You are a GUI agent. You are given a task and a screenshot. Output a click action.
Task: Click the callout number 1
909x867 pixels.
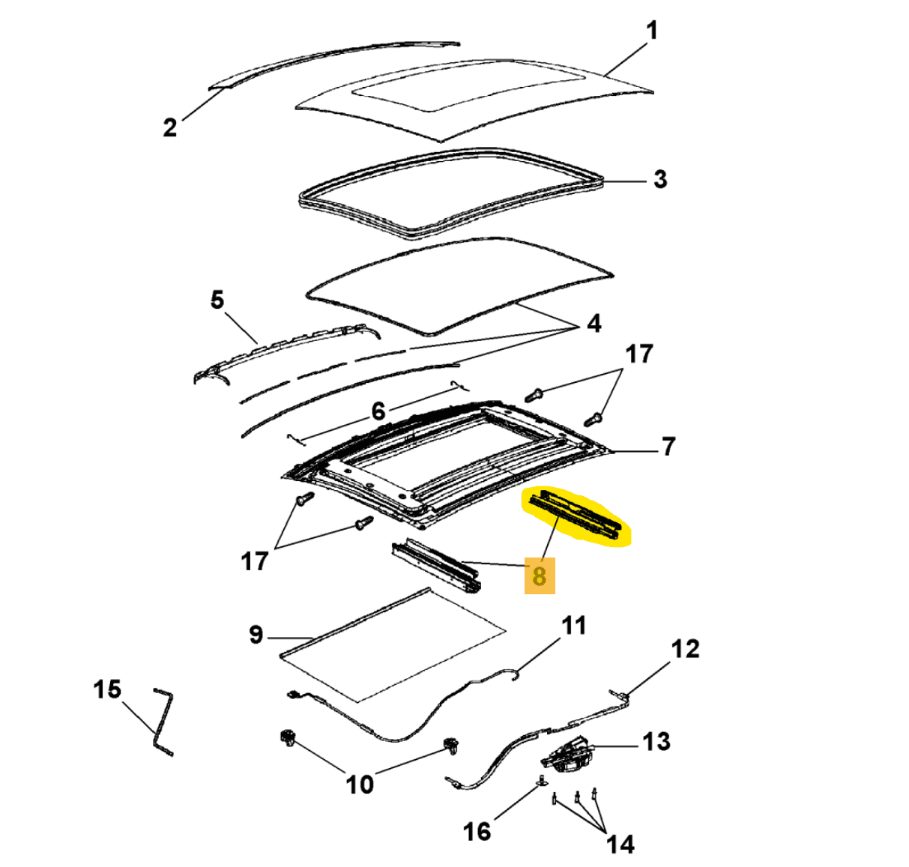click(651, 31)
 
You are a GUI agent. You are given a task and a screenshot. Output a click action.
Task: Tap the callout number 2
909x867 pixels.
click(170, 127)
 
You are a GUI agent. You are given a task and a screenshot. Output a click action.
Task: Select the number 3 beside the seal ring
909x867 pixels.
click(659, 180)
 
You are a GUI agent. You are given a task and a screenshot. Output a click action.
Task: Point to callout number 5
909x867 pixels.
click(217, 300)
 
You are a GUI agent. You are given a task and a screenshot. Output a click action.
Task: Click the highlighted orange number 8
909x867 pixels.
click(539, 576)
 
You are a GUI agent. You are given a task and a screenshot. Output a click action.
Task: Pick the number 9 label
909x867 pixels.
click(256, 635)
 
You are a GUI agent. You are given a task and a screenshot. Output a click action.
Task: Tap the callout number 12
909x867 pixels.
click(685, 649)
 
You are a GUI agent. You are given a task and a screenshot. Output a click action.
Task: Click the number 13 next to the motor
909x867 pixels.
click(656, 742)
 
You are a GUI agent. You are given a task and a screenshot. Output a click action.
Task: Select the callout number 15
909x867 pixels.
click(106, 689)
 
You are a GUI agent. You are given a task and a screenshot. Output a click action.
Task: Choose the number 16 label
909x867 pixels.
click(477, 830)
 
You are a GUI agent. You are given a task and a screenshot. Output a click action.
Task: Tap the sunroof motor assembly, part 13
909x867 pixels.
click(567, 752)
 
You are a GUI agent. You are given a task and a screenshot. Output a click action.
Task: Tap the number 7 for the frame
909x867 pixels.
click(668, 447)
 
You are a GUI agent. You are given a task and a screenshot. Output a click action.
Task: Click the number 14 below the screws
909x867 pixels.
click(620, 845)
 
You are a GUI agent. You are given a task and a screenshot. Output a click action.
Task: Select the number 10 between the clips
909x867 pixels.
click(359, 784)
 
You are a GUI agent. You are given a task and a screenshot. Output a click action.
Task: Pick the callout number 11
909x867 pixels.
click(574, 625)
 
